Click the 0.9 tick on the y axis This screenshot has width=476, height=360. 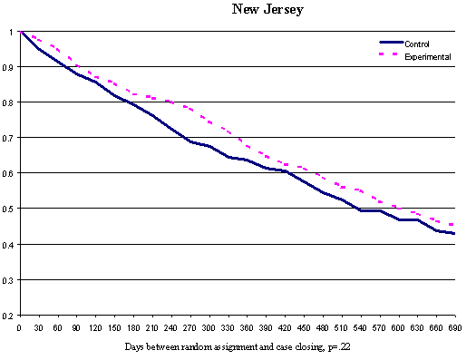[x=10, y=67]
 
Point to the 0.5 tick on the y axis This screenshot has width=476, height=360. [x=10, y=209]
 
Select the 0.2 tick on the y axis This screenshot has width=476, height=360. [x=10, y=315]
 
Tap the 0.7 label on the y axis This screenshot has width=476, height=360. [x=10, y=138]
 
